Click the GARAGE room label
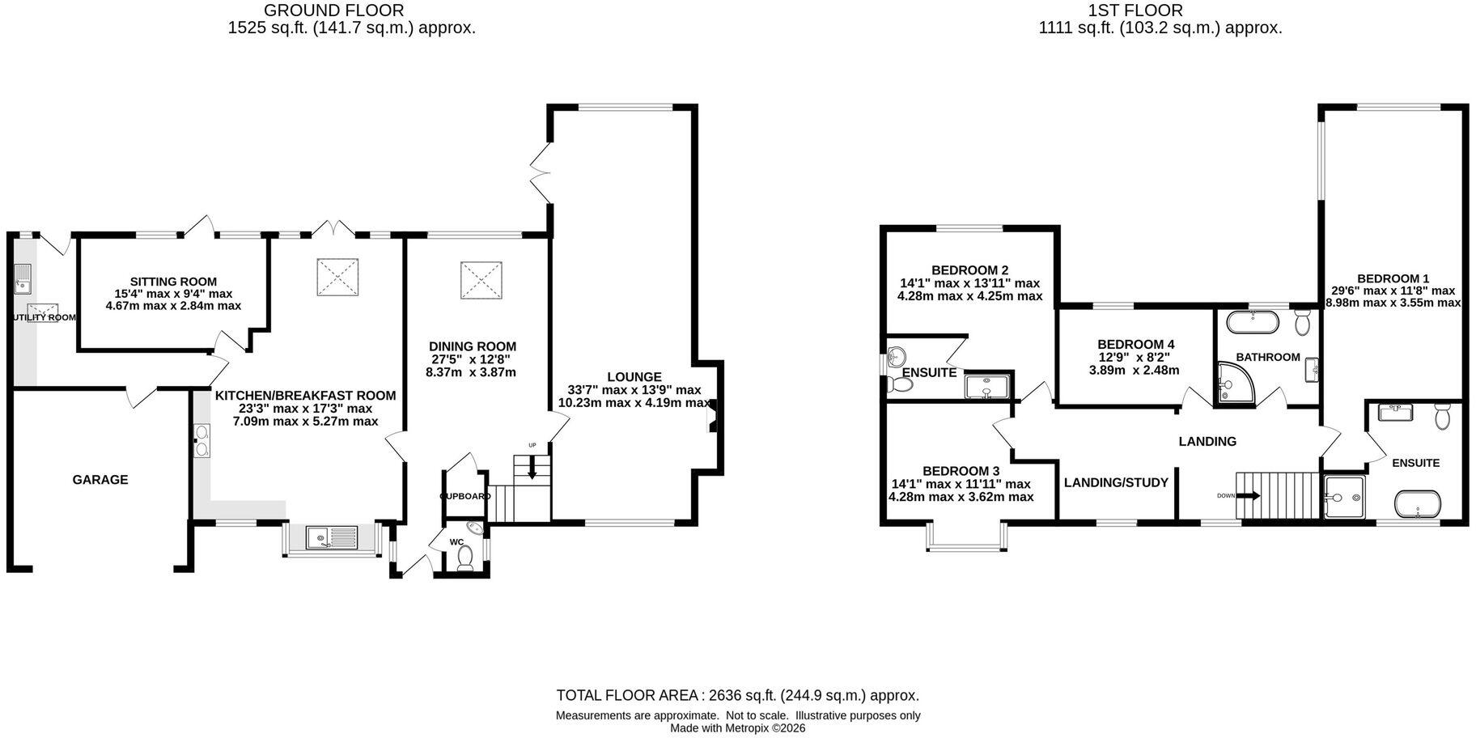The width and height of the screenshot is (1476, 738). [x=100, y=480]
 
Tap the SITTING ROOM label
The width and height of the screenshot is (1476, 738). [x=173, y=282]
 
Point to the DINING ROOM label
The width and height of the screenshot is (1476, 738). [x=473, y=346]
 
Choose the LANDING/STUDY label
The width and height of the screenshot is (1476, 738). [x=1116, y=483]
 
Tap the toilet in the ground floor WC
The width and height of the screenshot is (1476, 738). [x=465, y=558]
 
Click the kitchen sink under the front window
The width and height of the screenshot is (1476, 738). [x=332, y=537]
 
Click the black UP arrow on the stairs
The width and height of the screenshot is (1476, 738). [x=532, y=468]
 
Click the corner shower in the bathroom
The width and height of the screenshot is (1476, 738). [x=1236, y=382]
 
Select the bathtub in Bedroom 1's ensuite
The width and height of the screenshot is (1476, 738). [x=1418, y=503]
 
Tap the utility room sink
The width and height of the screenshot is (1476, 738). [x=22, y=279]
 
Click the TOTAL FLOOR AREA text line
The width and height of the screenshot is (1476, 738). [x=738, y=695]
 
